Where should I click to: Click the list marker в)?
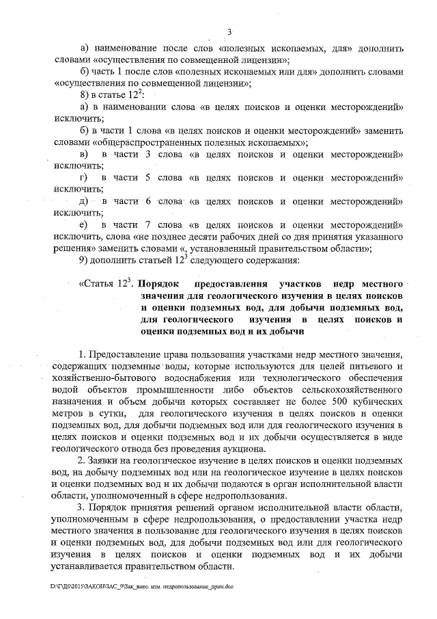coord(84,155)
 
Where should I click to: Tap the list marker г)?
coord(84,178)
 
